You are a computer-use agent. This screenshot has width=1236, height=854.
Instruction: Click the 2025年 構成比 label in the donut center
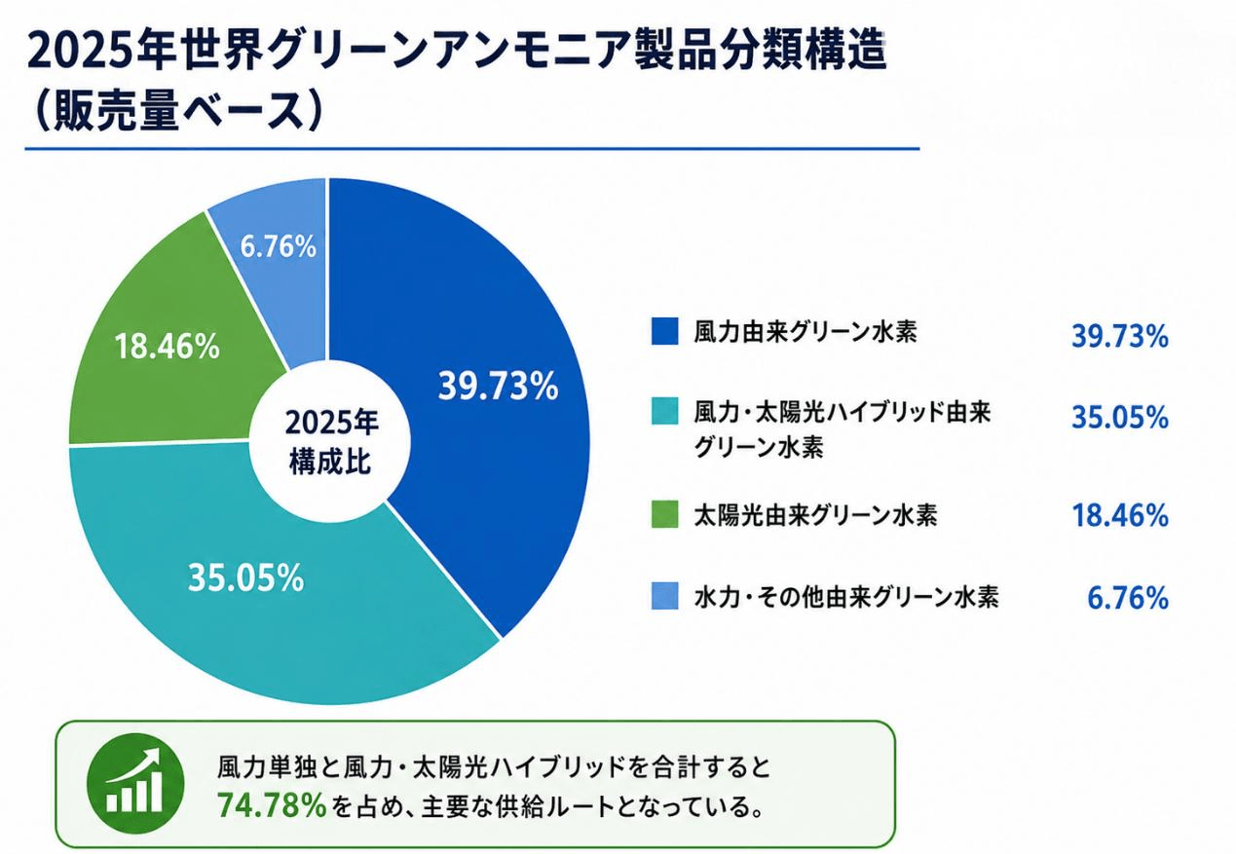pos(330,441)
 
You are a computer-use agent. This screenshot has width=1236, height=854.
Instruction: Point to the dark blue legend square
pos(664,331)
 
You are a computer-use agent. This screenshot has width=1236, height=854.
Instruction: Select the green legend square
pos(664,514)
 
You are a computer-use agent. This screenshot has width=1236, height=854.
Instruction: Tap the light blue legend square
pos(664,596)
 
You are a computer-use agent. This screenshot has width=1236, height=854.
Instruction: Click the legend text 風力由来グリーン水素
pos(805,331)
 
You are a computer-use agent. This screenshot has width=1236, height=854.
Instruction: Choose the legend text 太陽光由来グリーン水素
pos(815,515)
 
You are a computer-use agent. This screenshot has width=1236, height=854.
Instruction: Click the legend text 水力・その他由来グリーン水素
pos(846,596)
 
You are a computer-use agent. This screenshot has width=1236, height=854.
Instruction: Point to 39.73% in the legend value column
pos(1119,336)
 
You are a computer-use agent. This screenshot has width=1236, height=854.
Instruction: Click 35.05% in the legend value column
pos(1119,418)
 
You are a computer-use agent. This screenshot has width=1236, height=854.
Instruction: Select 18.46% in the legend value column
pos(1119,515)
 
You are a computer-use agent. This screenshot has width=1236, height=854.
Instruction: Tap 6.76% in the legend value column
pos(1128,598)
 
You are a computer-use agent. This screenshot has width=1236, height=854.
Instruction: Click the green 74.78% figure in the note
pos(272,805)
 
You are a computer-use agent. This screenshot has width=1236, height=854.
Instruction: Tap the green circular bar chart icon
pos(135,782)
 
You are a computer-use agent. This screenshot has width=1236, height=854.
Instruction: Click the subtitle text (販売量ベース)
pos(176,111)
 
